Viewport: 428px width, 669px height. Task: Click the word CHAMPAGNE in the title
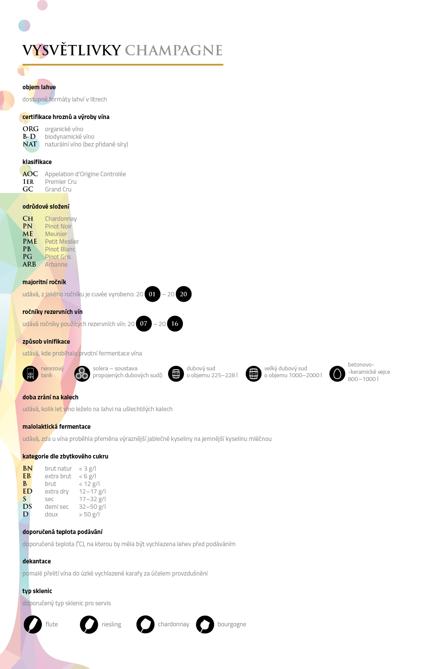click(x=174, y=50)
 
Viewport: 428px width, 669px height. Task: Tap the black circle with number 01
click(x=152, y=294)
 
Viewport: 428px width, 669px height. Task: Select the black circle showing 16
click(x=175, y=324)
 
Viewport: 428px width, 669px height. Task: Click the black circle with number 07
click(x=144, y=324)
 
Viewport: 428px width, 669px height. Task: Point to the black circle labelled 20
click(x=184, y=294)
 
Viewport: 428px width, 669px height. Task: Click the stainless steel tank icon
click(x=30, y=374)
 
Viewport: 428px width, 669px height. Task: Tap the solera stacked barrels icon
click(x=82, y=374)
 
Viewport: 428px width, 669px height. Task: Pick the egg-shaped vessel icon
click(x=337, y=374)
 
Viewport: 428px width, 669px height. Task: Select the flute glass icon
click(x=33, y=625)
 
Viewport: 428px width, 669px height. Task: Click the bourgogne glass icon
click(x=205, y=625)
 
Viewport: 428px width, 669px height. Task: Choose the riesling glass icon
click(x=89, y=625)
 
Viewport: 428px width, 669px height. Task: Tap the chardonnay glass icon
click(x=146, y=625)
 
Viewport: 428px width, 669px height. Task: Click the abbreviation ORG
click(x=30, y=129)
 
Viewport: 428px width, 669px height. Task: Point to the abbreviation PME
click(x=30, y=241)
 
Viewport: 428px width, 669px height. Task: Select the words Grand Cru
click(x=58, y=189)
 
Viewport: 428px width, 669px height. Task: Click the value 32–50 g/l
click(x=92, y=507)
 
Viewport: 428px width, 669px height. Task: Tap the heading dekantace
click(x=37, y=561)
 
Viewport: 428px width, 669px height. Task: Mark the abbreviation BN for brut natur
click(x=27, y=468)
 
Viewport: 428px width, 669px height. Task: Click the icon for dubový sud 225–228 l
click(x=176, y=374)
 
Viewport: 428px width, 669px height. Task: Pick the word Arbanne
click(x=56, y=264)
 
